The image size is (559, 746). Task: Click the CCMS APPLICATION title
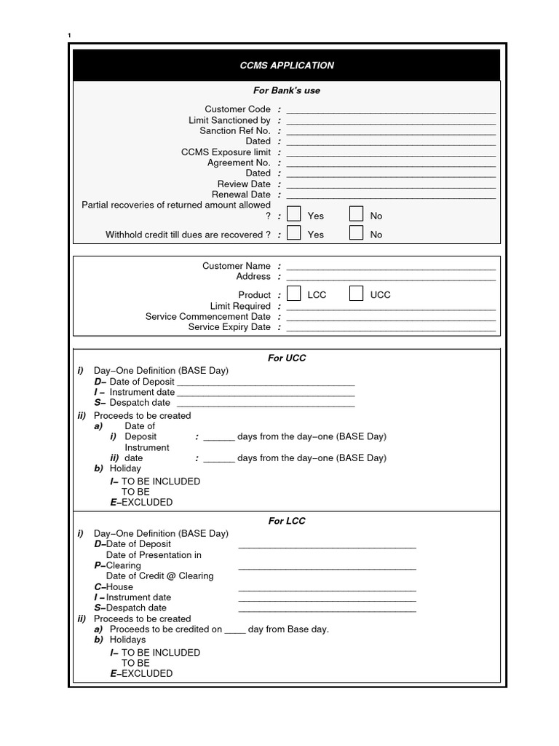[x=287, y=66]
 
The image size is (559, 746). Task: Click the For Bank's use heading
[x=287, y=91]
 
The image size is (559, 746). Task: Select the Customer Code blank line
[x=391, y=111]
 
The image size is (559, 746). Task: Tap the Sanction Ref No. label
[x=234, y=130]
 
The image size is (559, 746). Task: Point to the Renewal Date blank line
[x=391, y=196]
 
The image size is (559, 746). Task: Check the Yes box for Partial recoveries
[x=293, y=214]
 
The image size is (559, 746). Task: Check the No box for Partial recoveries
[x=356, y=214]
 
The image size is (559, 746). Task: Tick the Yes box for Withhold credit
[x=293, y=233]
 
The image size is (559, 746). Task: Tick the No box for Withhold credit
[x=356, y=233]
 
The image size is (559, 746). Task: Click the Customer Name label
[x=236, y=266]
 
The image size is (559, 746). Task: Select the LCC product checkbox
[x=293, y=294]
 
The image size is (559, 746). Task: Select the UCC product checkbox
[x=356, y=294]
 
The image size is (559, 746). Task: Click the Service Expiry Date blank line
[x=391, y=329]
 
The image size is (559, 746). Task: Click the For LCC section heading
[x=287, y=521]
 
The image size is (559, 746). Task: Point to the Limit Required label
[x=240, y=306]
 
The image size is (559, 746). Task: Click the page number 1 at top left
[x=69, y=36]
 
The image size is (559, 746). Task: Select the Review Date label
[x=243, y=184]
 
